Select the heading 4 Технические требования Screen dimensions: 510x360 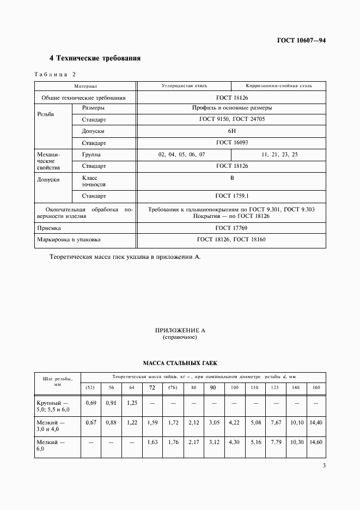(95, 58)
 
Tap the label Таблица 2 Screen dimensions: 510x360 (56, 74)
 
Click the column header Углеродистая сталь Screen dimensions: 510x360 (184, 86)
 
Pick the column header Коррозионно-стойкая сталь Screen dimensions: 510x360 (278, 86)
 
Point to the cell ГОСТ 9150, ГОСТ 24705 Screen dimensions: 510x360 (232, 119)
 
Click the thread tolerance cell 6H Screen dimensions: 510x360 (231, 131)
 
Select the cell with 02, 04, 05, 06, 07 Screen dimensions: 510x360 (182, 155)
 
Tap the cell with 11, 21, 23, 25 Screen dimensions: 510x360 (279, 155)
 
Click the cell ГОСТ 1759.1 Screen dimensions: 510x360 (231, 196)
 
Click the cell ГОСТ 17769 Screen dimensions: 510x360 (231, 228)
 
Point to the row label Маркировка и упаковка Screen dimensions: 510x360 (69, 239)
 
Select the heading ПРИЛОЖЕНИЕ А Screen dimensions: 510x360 (180, 331)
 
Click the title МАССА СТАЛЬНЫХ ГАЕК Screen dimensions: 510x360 (180, 362)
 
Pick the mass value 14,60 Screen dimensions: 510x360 (315, 442)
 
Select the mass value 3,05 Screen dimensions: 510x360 (213, 422)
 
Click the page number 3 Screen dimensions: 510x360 (324, 465)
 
